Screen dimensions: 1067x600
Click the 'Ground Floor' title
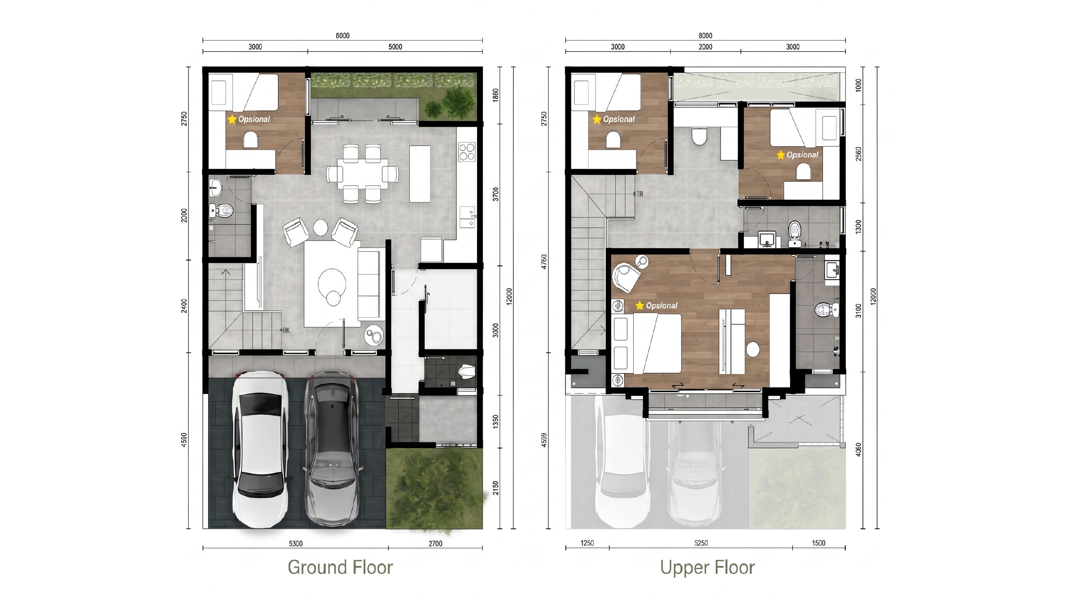click(x=340, y=567)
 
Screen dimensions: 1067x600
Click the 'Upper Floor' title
click(x=707, y=568)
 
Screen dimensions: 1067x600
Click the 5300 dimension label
click(x=296, y=544)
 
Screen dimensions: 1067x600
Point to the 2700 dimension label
click(x=435, y=544)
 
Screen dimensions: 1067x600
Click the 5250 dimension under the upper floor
click(x=701, y=543)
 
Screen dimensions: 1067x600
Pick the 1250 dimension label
click(x=587, y=543)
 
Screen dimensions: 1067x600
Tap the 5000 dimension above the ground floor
click(x=395, y=47)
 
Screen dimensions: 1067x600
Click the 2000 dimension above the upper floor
click(x=705, y=47)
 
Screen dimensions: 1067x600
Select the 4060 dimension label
click(x=858, y=450)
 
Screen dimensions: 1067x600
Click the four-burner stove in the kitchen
click(x=467, y=152)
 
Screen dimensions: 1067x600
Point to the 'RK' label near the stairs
click(x=286, y=330)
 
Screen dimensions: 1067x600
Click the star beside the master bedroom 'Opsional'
click(x=640, y=306)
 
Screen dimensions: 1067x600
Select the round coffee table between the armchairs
click(x=320, y=227)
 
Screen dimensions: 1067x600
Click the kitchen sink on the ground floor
click(x=467, y=217)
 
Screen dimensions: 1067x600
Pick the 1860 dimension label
click(x=496, y=94)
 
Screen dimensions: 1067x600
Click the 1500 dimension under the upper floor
click(x=819, y=543)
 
